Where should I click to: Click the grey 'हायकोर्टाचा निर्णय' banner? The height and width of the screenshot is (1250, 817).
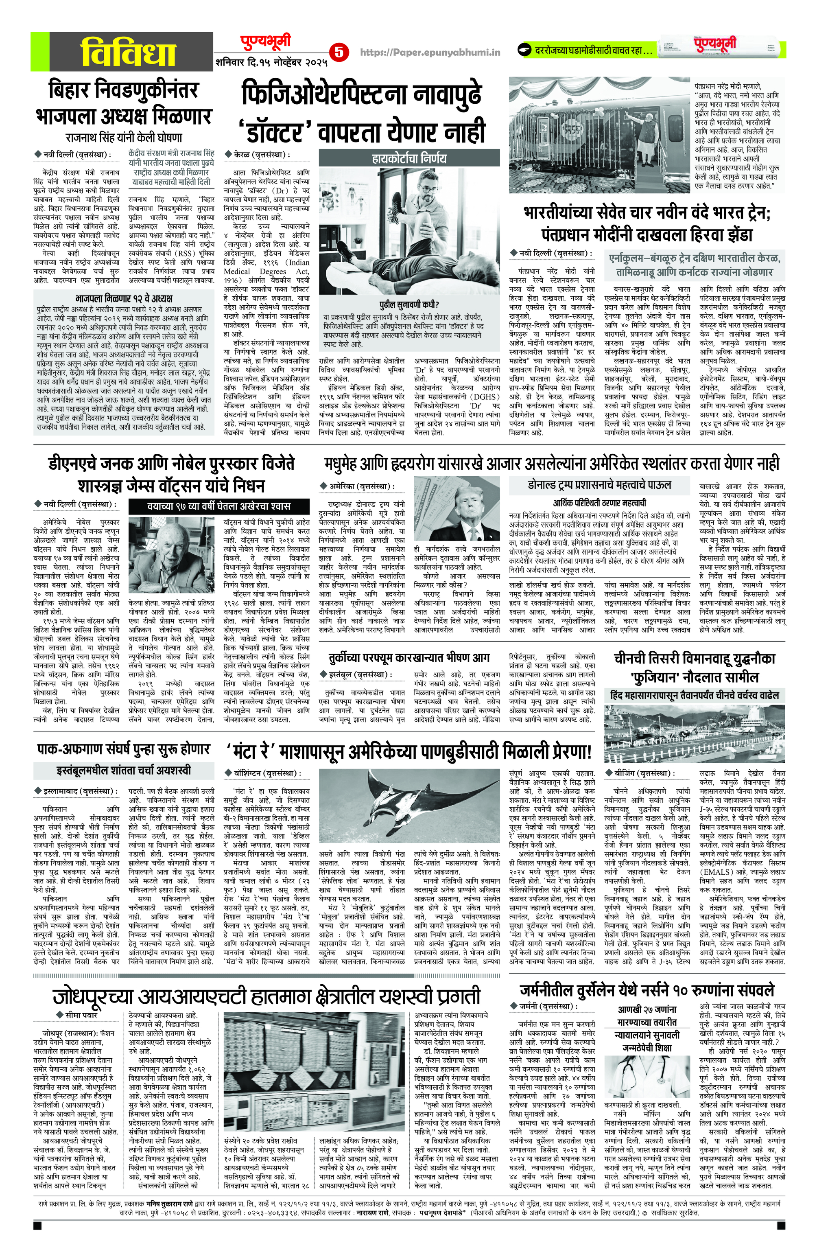[x=407, y=158]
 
